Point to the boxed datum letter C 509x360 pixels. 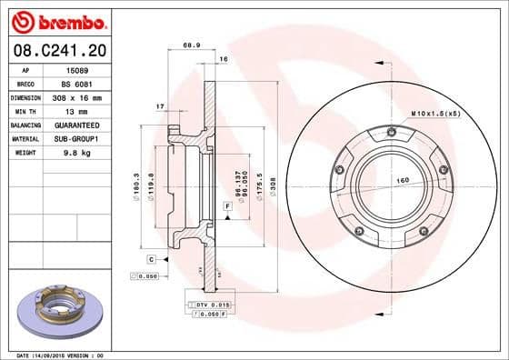click(149, 260)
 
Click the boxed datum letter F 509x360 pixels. click(226, 208)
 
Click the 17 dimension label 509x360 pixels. click(160, 107)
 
